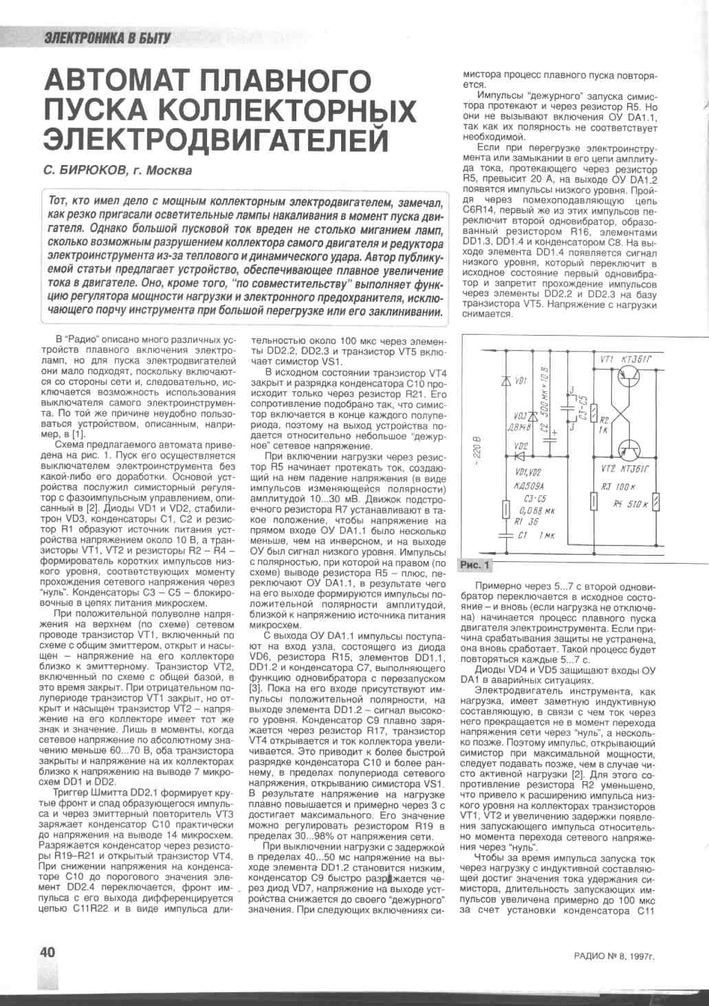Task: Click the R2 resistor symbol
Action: pyautogui.click(x=596, y=412)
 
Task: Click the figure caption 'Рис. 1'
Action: pyautogui.click(x=475, y=565)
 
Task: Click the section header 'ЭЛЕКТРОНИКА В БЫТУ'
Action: pyautogui.click(x=107, y=38)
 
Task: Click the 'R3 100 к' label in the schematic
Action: pyautogui.click(x=617, y=486)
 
